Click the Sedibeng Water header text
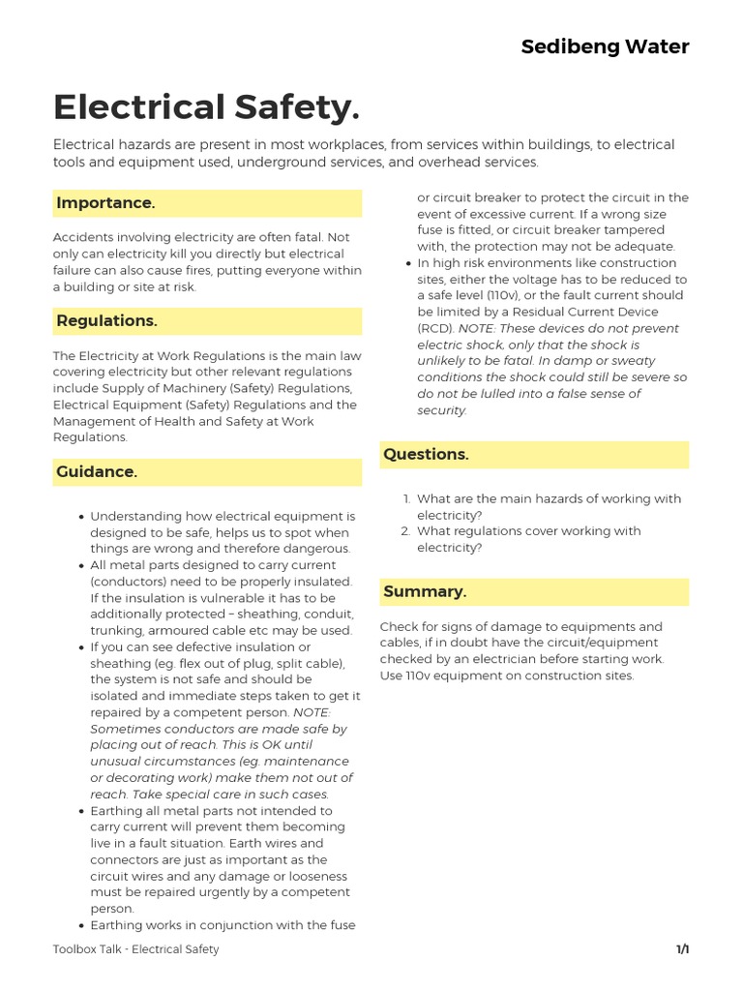pyautogui.click(x=605, y=46)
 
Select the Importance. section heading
pyautogui.click(x=105, y=203)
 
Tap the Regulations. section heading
pyautogui.click(x=106, y=321)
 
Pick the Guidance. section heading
pyautogui.click(x=97, y=472)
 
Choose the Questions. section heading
pyautogui.click(x=426, y=455)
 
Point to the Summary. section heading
pyautogui.click(x=425, y=592)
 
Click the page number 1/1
pyautogui.click(x=682, y=949)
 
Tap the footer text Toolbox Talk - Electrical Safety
pyautogui.click(x=135, y=949)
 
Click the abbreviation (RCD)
pyautogui.click(x=435, y=328)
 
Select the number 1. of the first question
pyautogui.click(x=406, y=499)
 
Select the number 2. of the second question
pyautogui.click(x=406, y=531)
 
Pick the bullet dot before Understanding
pyautogui.click(x=81, y=517)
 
